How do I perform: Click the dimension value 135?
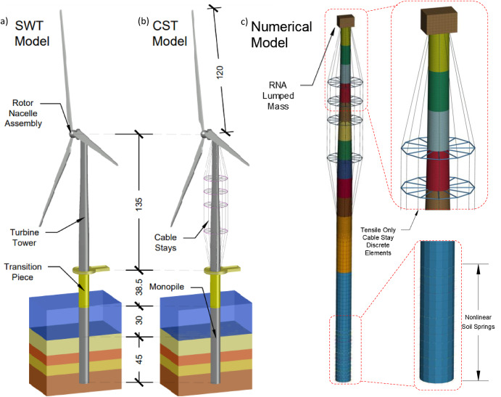click(x=138, y=205)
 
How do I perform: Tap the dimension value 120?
click(x=220, y=73)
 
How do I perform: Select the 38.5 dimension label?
click(x=138, y=287)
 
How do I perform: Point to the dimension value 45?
click(x=139, y=359)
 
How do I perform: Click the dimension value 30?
click(x=139, y=320)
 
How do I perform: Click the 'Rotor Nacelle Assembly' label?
click(x=23, y=113)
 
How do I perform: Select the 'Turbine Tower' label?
click(x=24, y=237)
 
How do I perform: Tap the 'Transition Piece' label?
click(x=22, y=271)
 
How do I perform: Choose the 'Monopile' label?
click(x=167, y=287)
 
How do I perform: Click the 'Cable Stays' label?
click(x=165, y=242)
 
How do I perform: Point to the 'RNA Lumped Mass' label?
click(x=278, y=96)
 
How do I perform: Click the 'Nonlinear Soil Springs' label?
click(x=478, y=322)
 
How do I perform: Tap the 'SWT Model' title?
click(x=32, y=33)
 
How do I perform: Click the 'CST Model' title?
click(x=170, y=33)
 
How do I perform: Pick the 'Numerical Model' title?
click(x=281, y=35)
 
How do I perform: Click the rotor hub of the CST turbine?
click(x=204, y=134)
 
